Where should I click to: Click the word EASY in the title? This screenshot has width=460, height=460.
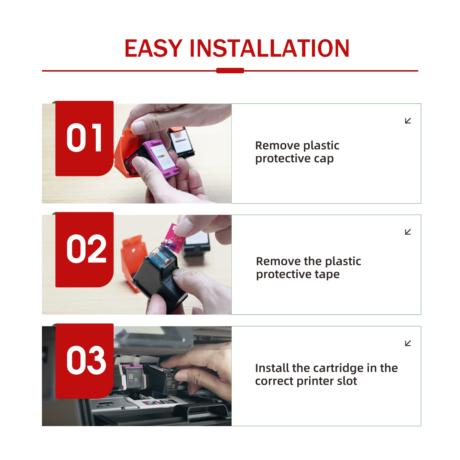point(153,48)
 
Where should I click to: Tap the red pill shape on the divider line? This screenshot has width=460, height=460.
point(230,70)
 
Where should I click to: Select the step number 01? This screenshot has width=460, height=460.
point(84,138)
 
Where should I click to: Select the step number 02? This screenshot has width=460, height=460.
point(86,249)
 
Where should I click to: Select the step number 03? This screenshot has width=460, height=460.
point(86,360)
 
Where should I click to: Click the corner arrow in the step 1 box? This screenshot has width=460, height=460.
point(408,121)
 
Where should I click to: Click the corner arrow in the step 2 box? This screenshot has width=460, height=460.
point(408,232)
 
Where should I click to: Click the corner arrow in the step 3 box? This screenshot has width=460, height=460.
point(408,343)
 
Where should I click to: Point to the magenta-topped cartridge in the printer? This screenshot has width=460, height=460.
point(133,377)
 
